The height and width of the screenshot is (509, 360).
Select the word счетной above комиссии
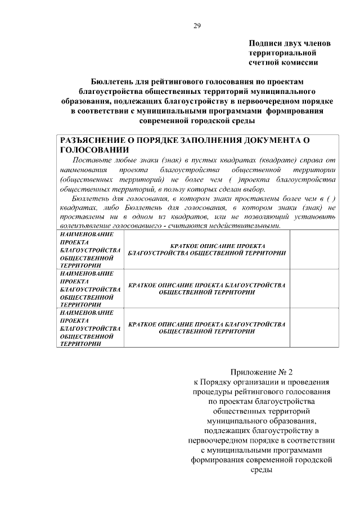click(x=264, y=62)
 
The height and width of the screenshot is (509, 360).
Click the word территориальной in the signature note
click(x=281, y=53)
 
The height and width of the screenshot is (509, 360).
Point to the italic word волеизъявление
click(x=88, y=226)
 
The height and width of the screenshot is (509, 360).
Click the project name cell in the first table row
click(x=90, y=249)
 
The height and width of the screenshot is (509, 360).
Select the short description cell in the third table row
click(x=206, y=328)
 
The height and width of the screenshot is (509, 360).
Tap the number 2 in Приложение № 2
click(x=291, y=372)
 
